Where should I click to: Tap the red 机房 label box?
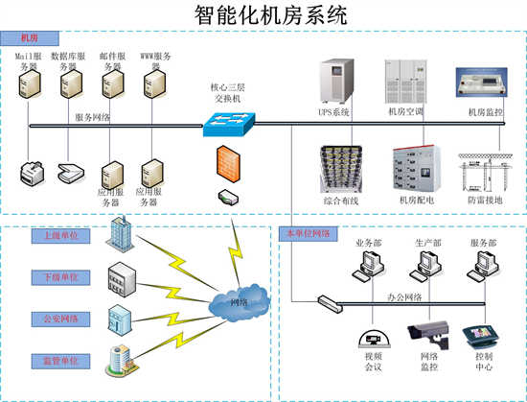pyautogui.click(x=30, y=38)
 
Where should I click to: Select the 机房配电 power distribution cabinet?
pyautogui.click(x=415, y=169)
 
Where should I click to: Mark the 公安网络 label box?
pyautogui.click(x=59, y=319)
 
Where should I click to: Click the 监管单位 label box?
pyautogui.click(x=59, y=361)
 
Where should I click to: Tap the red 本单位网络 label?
pyautogui.click(x=307, y=234)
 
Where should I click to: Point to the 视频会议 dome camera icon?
pyautogui.click(x=370, y=337)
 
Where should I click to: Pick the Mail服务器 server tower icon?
pyautogui.click(x=27, y=87)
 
